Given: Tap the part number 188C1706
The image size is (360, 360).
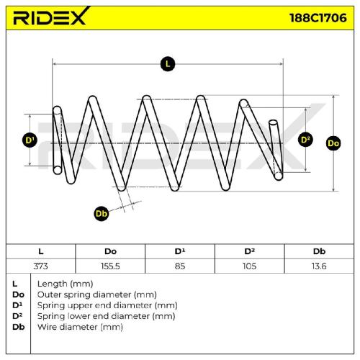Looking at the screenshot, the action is (x=318, y=18).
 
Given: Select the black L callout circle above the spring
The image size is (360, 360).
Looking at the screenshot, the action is (x=168, y=64).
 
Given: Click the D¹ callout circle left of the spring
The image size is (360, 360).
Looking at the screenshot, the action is (x=30, y=140).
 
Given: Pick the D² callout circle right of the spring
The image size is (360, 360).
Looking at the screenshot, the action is (x=305, y=140).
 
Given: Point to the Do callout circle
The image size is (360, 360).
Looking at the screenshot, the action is (x=333, y=143).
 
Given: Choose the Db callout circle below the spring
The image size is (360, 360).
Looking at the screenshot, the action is (x=102, y=213).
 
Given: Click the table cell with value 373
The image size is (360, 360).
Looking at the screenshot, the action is (x=40, y=266).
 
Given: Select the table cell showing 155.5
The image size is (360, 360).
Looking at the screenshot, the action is (x=110, y=266).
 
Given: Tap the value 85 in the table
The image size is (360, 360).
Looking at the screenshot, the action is (x=180, y=266).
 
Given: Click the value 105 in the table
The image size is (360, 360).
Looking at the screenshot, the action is (x=249, y=266).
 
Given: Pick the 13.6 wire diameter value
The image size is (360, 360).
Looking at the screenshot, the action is (x=319, y=266).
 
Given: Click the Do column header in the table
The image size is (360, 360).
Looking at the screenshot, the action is (x=110, y=251).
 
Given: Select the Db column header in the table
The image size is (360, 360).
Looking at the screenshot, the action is (x=319, y=251).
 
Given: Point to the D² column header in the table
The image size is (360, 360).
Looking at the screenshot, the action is (x=249, y=251).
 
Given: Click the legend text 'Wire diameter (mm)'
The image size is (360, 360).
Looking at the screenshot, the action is (x=80, y=327).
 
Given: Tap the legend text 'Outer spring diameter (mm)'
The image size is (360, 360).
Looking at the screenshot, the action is (x=97, y=294).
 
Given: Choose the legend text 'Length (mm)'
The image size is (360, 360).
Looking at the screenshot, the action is (x=65, y=284).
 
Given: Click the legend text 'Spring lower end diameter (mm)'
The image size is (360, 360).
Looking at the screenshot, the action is (x=106, y=316).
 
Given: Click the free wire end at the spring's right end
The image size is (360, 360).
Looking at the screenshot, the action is (x=273, y=122).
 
